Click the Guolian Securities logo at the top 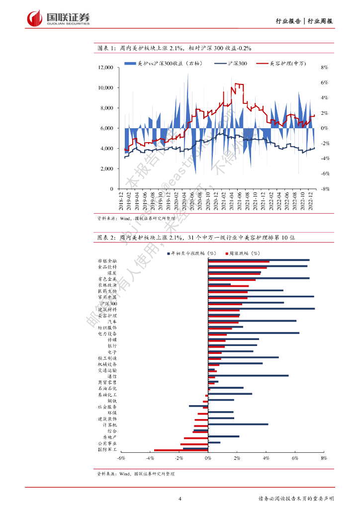(x=59, y=18)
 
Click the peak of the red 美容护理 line (x=237, y=84)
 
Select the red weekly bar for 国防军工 (x=181, y=450)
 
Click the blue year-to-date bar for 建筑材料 (x=261, y=309)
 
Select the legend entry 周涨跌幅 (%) (x=245, y=253)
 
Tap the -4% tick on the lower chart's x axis (x=150, y=458)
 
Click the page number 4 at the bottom (x=180, y=499)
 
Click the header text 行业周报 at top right (x=320, y=21)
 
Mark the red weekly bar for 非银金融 (x=239, y=261)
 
